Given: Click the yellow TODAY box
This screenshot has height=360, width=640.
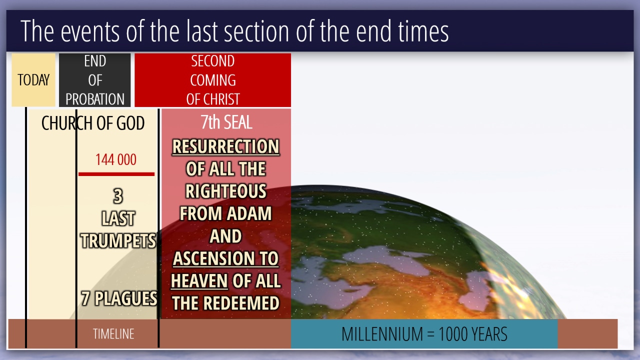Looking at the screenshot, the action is click(33, 79).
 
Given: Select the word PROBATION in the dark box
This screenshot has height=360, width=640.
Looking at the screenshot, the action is click(95, 99).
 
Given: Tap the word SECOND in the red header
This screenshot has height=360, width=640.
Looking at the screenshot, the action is click(213, 61).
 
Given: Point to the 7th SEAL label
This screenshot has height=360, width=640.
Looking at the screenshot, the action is click(226, 122).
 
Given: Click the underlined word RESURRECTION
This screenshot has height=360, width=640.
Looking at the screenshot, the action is click(225, 146).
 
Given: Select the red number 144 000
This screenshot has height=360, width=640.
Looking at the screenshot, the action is click(115, 159).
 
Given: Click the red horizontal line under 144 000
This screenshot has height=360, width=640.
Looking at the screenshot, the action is click(116, 174).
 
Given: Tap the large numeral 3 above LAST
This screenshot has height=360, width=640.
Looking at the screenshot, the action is click(118, 196).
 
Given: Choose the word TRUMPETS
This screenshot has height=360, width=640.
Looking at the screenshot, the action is click(118, 240).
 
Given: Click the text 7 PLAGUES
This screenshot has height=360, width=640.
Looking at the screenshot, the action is click(119, 298).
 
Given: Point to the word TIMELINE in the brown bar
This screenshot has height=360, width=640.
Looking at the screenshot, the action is click(113, 333).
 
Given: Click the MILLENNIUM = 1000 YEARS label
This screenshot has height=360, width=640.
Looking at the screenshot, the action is click(424, 333).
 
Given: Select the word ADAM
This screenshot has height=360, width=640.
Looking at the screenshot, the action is click(248, 213).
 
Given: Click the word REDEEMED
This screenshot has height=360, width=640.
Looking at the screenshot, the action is click(241, 303).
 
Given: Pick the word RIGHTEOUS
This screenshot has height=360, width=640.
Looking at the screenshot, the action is click(225, 191).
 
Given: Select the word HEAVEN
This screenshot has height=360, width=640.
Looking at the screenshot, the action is click(199, 281).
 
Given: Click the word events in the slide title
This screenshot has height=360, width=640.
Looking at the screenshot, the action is click(89, 31).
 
